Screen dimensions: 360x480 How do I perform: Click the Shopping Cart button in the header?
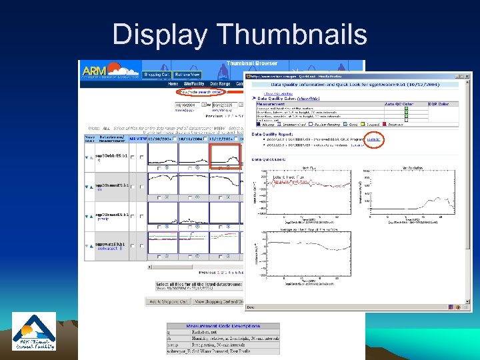pos(155,75)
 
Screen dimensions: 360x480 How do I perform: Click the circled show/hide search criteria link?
pos(199,92)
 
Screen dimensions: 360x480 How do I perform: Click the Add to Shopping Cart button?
pos(167,301)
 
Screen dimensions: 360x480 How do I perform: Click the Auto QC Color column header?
pos(398,104)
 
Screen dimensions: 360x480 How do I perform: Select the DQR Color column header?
pos(439,104)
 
